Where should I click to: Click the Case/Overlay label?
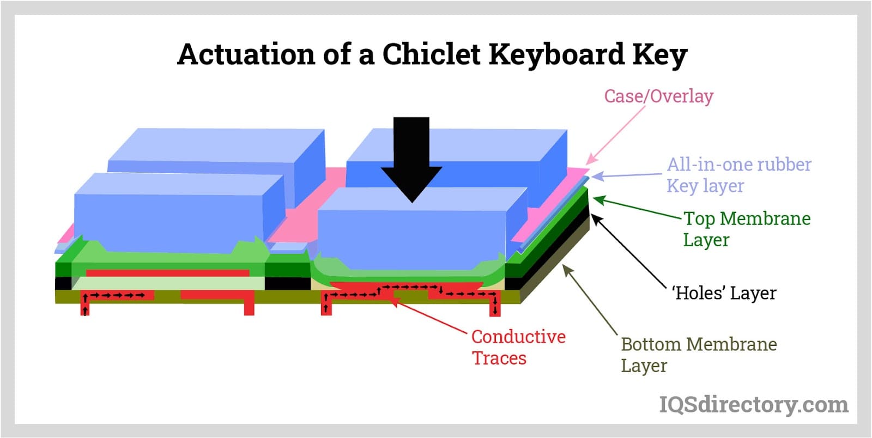tap(658, 96)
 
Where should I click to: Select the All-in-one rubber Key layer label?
tap(738, 175)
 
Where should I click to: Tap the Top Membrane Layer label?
tap(747, 229)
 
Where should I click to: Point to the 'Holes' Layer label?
tap(724, 293)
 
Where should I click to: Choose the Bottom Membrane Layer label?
tap(698, 355)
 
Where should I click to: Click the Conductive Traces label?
tap(518, 347)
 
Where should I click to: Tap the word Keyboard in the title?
tap(556, 54)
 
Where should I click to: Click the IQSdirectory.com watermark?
tap(753, 405)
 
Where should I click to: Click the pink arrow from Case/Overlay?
tap(616, 134)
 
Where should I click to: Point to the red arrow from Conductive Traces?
tap(431, 316)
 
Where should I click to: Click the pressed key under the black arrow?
tap(414, 232)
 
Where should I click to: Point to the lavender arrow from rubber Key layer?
tap(627, 175)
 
